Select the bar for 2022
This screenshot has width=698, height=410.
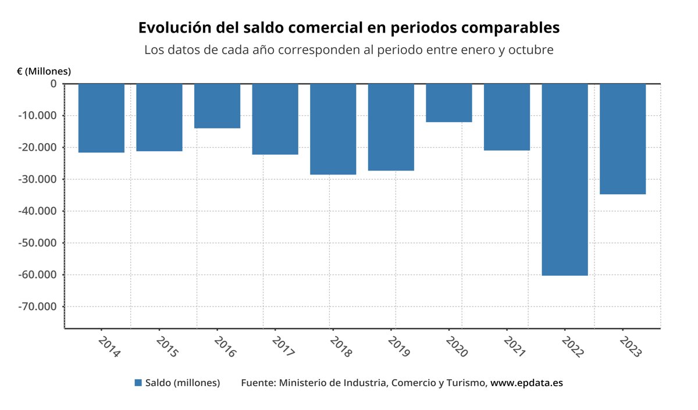[565, 179]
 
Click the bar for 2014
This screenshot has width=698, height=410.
[101, 118]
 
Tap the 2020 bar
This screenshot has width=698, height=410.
[449, 103]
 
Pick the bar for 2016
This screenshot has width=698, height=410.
[217, 106]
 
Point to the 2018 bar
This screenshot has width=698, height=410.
[333, 129]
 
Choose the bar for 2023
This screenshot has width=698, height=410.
[622, 139]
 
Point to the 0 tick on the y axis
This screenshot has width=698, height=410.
[54, 84]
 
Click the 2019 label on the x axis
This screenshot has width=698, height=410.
[398, 345]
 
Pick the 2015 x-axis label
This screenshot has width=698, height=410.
[167, 345]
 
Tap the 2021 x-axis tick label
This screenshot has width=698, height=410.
[514, 345]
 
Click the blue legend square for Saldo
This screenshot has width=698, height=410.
[138, 383]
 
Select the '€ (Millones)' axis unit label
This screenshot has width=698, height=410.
[44, 72]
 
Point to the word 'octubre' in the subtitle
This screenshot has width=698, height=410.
[530, 50]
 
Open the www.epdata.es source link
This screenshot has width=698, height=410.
[526, 383]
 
